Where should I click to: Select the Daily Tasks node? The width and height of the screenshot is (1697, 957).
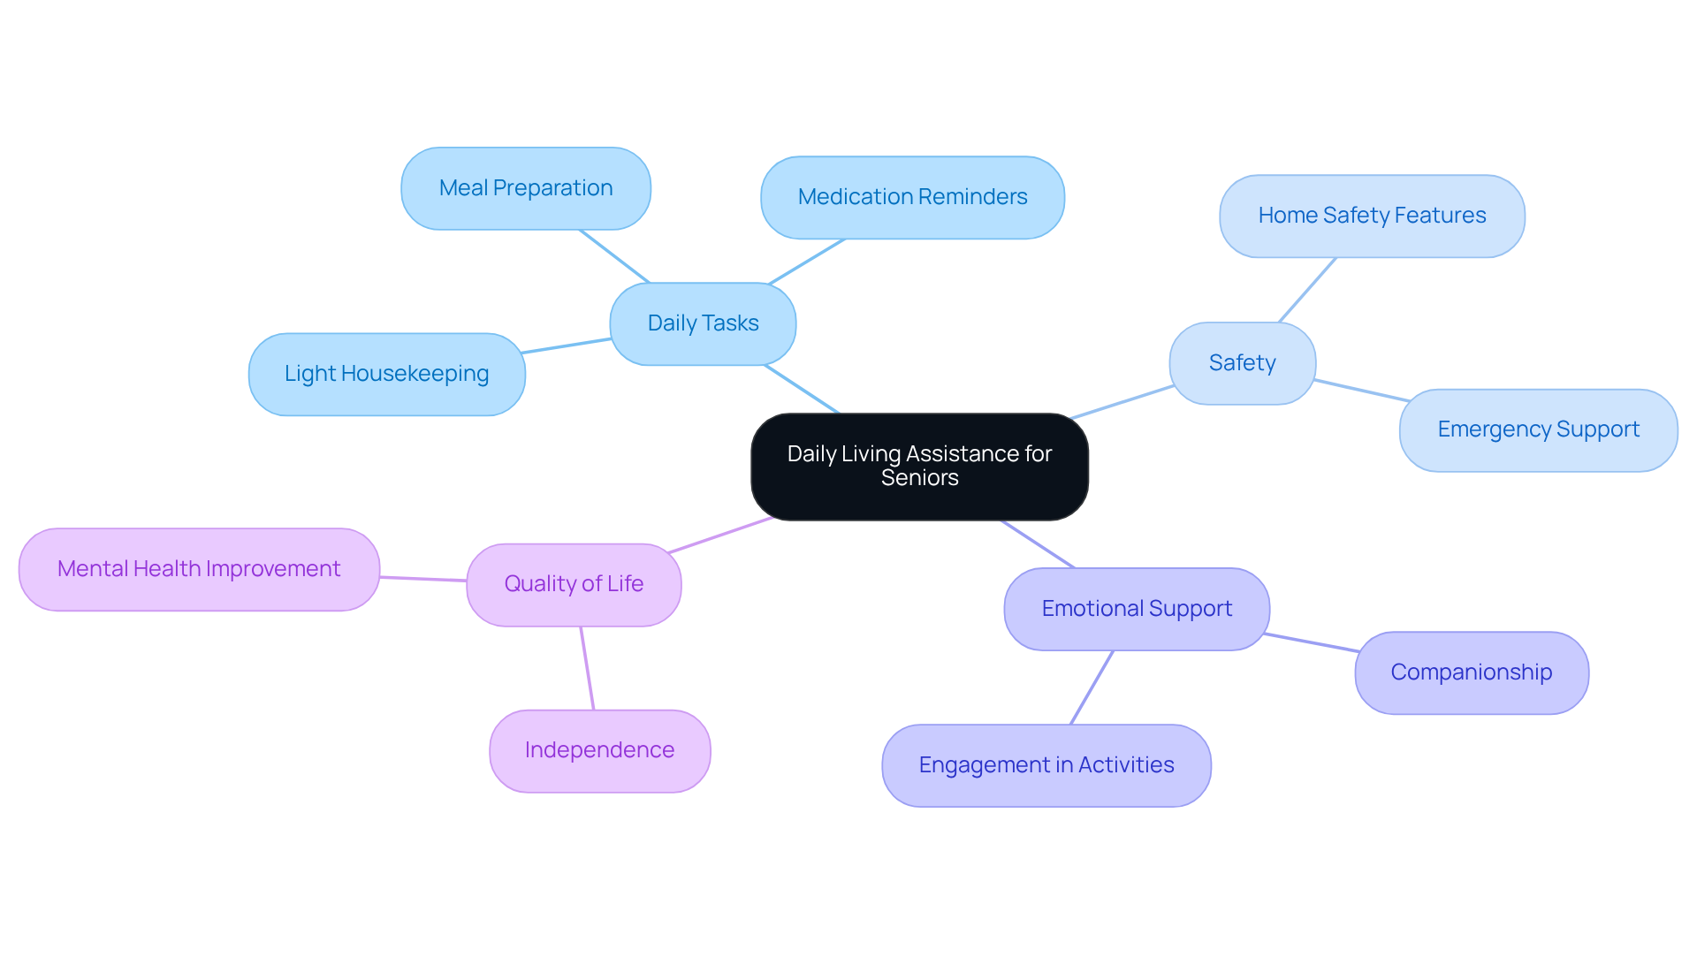(703, 323)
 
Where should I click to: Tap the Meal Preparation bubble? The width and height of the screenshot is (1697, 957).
(526, 188)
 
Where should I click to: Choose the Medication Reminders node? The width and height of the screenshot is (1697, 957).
(912, 197)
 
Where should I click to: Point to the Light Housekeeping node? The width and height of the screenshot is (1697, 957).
(386, 374)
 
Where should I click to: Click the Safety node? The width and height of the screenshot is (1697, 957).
(1242, 363)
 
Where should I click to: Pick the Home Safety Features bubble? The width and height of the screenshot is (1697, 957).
(1372, 216)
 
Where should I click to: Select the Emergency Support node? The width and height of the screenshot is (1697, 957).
(1538, 429)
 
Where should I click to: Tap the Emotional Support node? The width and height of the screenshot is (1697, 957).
(1137, 609)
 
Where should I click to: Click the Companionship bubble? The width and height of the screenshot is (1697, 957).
(1471, 672)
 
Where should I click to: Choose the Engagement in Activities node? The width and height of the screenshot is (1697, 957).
(1046, 765)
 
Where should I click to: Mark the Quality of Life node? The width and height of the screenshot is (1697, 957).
(574, 584)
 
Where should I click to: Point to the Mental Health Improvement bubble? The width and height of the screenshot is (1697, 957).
(199, 569)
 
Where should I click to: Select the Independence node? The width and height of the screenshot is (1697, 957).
(599, 750)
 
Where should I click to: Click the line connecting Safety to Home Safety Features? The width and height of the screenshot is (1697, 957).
(1307, 290)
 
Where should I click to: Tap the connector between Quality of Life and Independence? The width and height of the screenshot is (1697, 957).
(587, 668)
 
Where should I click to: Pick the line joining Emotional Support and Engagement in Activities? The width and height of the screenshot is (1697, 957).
(1092, 687)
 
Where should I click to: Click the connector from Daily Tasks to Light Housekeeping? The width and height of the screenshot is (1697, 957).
(567, 346)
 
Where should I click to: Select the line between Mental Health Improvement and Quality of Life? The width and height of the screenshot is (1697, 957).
(423, 579)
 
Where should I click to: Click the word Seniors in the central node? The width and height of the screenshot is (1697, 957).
(919, 478)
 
